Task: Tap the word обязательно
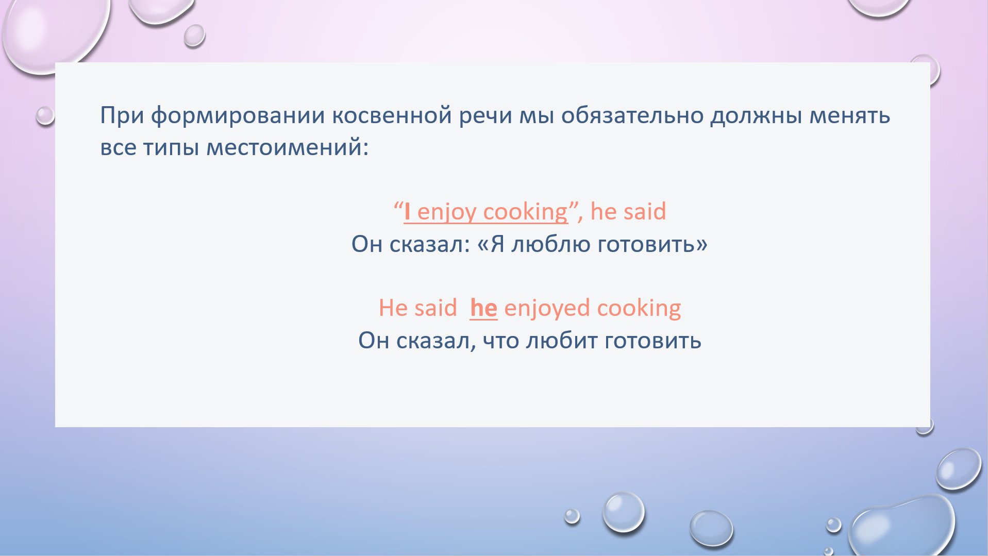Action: point(632,115)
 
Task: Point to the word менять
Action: point(850,116)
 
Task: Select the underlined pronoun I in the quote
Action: point(407,211)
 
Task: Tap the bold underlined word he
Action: point(483,308)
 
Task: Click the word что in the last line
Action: point(501,341)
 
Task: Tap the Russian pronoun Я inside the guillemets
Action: point(497,244)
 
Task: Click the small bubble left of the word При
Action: point(45,115)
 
